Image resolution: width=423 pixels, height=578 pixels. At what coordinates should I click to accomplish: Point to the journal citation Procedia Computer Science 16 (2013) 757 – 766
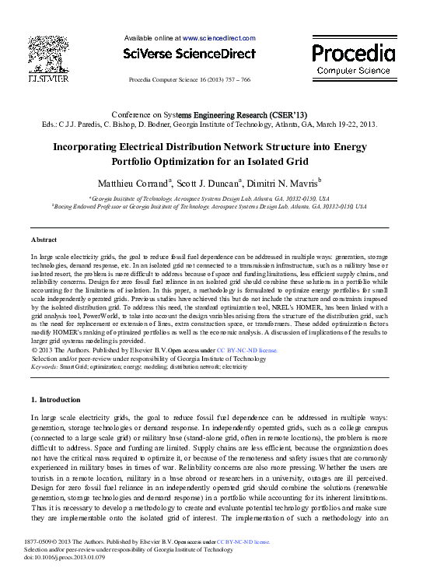coord(190,80)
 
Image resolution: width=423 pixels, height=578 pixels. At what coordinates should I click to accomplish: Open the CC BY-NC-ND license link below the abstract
coord(246,351)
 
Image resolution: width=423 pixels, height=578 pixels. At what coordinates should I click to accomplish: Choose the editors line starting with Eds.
coord(210,123)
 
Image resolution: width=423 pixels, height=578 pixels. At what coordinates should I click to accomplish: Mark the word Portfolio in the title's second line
coord(158,160)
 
